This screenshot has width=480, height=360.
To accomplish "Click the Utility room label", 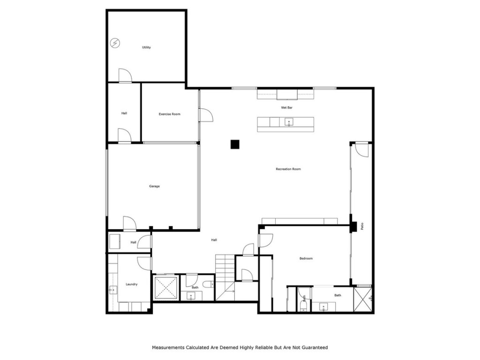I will [x=146, y=47].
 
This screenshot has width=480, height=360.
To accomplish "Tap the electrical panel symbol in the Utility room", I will [x=115, y=44].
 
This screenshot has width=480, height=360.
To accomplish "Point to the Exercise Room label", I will [x=169, y=114].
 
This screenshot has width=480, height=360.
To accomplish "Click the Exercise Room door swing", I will [x=206, y=115].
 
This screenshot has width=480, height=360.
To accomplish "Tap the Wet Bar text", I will [x=287, y=108].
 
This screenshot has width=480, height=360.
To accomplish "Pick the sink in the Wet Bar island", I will [x=289, y=122].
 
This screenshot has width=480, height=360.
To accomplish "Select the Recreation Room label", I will [x=288, y=169].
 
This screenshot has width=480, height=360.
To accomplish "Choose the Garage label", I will [x=154, y=187].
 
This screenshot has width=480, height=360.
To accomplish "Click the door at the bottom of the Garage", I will [x=129, y=224].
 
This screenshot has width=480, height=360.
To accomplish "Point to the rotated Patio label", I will [x=362, y=226].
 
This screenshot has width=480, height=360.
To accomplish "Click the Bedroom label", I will [x=306, y=258].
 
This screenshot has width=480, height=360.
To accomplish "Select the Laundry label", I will [x=132, y=284].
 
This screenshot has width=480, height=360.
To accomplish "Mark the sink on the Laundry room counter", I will [x=112, y=290].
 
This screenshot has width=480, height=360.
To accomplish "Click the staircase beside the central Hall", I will [x=225, y=277].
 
